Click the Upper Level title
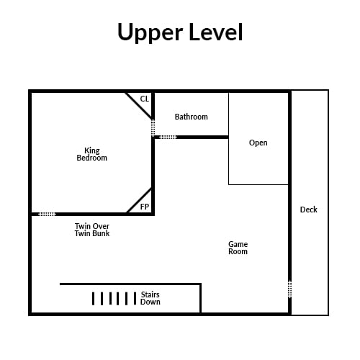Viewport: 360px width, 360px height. tap(180, 32)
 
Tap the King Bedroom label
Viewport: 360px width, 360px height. tap(92, 154)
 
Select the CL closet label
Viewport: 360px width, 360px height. tap(145, 99)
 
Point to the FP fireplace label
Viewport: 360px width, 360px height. tap(145, 207)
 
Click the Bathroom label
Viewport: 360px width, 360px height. tap(192, 117)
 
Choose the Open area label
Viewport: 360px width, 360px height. tap(258, 143)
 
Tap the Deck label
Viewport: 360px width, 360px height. tap(309, 210)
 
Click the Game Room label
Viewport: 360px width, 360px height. tap(238, 248)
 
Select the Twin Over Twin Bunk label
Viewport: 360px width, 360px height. tap(92, 230)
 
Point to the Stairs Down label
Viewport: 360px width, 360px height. tap(150, 298)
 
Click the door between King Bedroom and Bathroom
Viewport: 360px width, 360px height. tap(153, 128)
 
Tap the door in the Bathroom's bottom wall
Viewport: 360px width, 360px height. tap(168, 137)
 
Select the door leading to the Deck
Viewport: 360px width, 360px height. tap(290, 289)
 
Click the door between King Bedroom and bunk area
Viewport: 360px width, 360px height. tap(48, 214)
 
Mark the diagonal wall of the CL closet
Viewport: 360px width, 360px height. tap(139, 106)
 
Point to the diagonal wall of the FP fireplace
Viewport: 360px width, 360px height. tap(140, 201)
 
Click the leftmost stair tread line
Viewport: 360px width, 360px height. tap(93, 299)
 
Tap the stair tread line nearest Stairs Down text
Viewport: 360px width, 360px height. tap(135, 299)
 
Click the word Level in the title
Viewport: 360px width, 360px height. tap(216, 32)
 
